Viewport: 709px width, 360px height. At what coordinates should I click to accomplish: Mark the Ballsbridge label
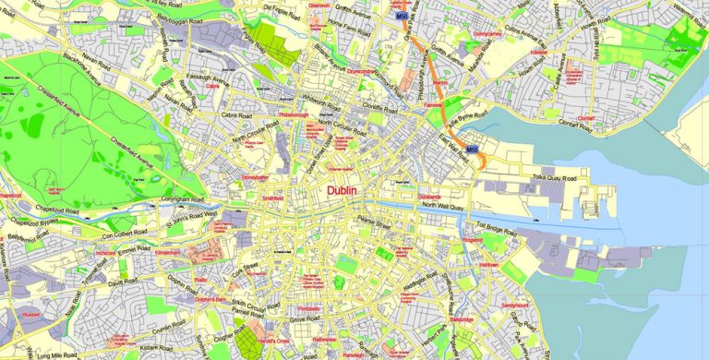(x=462, y=319)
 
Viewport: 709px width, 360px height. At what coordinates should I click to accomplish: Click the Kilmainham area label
(x=168, y=251)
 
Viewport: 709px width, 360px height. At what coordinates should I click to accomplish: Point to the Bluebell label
(x=31, y=314)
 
